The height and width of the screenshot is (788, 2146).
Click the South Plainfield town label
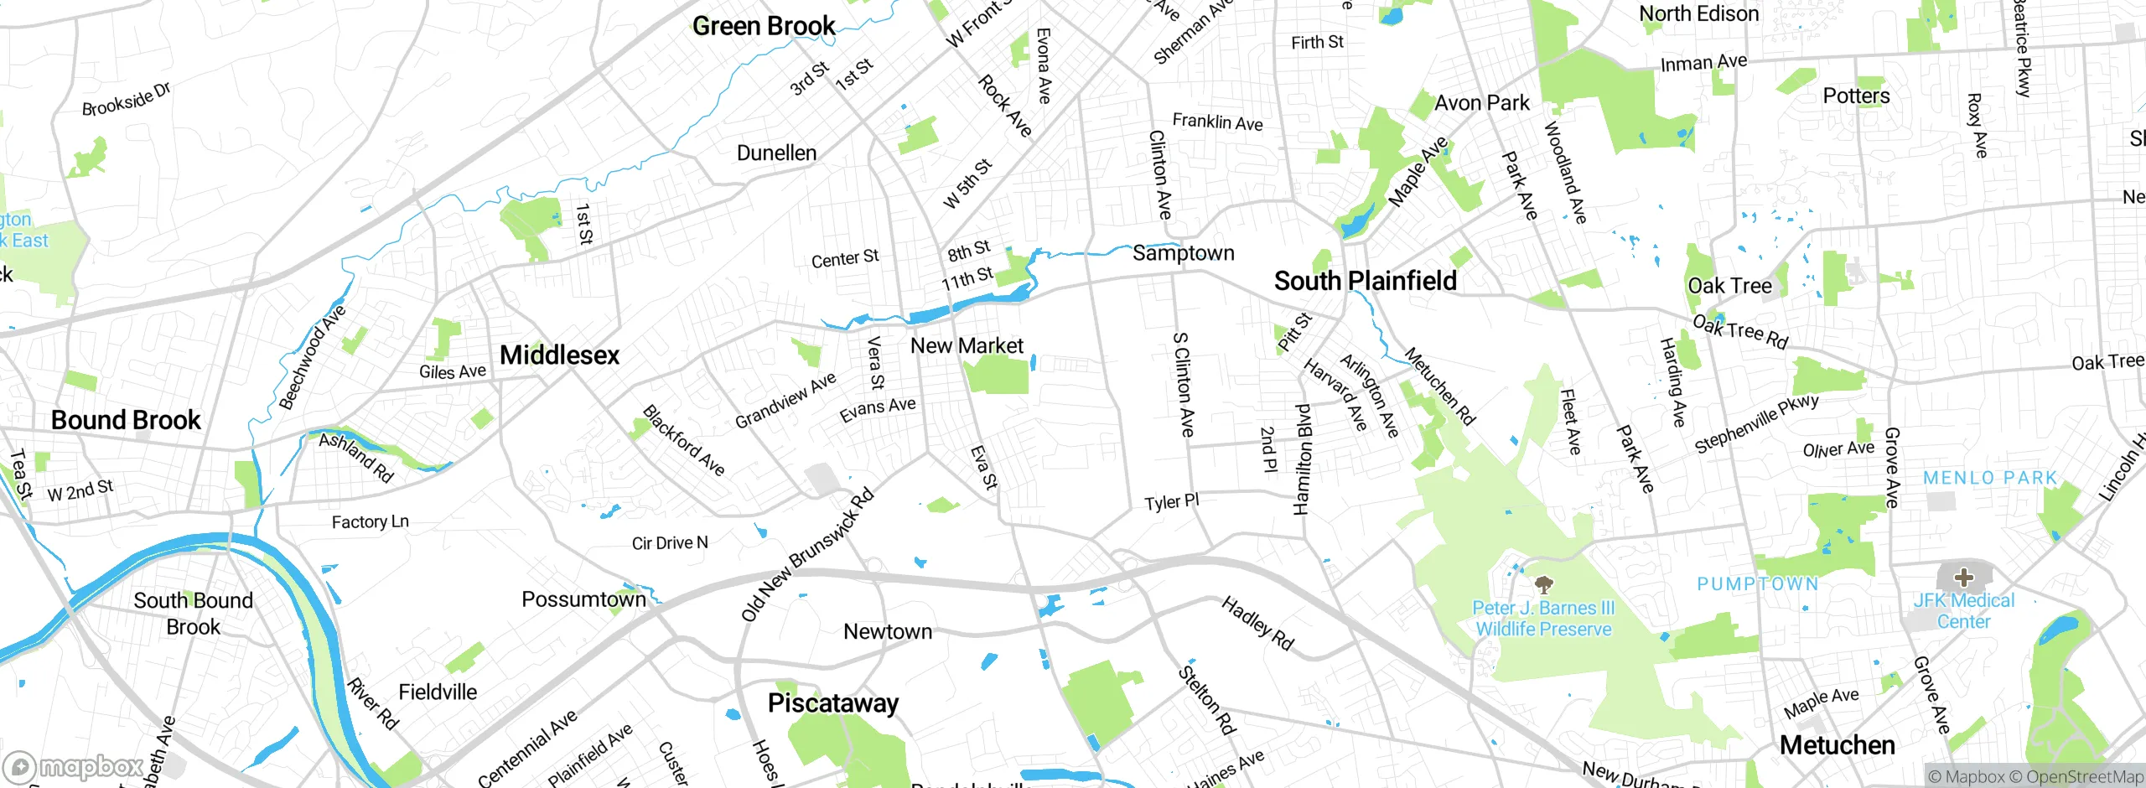click(x=1365, y=281)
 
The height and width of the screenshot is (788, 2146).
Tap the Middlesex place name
click(x=559, y=355)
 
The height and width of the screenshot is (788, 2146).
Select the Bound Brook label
click(x=126, y=420)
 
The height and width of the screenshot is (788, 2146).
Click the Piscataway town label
click(x=832, y=702)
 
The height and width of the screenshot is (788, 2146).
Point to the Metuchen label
click(x=1837, y=744)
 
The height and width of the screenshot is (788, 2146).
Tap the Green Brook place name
click(x=764, y=26)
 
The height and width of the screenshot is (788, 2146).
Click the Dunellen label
click(x=776, y=153)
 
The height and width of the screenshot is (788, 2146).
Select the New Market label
click(x=967, y=345)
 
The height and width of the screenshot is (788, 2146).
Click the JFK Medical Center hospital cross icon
click(x=1963, y=577)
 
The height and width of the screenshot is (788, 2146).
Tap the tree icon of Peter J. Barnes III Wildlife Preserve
click(x=1542, y=583)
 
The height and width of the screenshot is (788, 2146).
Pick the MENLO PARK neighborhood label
click(x=1990, y=478)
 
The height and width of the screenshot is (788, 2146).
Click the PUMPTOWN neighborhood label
click(x=1757, y=583)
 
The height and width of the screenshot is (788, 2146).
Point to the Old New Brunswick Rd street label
click(x=807, y=554)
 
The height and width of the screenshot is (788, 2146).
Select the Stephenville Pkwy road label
click(x=1756, y=423)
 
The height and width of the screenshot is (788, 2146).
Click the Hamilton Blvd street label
click(x=1302, y=459)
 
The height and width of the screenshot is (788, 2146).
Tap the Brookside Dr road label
click(x=126, y=100)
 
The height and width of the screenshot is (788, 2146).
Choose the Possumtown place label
click(x=583, y=599)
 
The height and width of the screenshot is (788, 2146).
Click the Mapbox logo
click(x=74, y=766)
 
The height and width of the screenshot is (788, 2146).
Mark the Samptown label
click(x=1183, y=253)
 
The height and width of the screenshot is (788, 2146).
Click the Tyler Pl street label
click(x=1171, y=502)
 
